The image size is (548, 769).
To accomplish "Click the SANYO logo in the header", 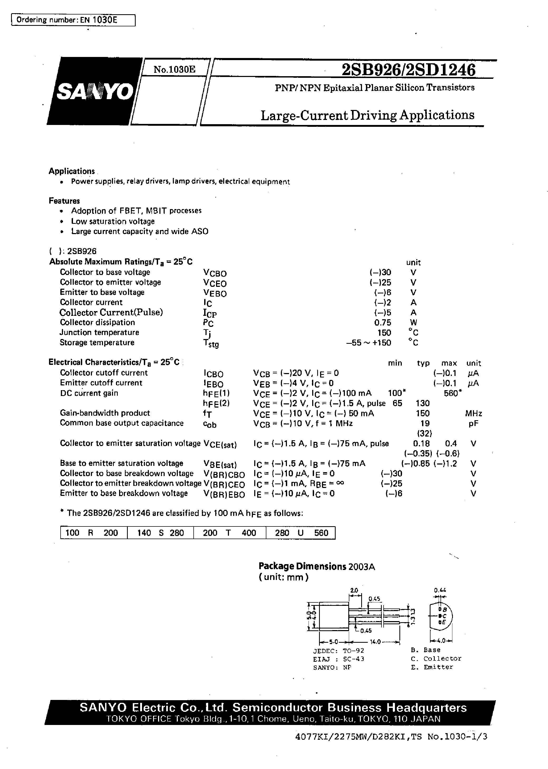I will pyautogui.click(x=95, y=91).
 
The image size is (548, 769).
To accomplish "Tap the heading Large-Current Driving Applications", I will pyautogui.click(x=368, y=115).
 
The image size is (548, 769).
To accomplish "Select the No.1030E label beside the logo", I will pyautogui.click(x=174, y=70).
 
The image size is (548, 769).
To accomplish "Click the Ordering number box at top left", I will pyautogui.click(x=73, y=20).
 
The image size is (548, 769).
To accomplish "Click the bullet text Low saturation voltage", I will pyautogui.click(x=113, y=221).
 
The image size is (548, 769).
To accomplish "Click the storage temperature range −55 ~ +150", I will pyautogui.click(x=369, y=343).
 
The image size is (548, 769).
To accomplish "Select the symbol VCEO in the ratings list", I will pyautogui.click(x=215, y=283).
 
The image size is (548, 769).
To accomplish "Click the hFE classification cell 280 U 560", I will pyautogui.click(x=301, y=533).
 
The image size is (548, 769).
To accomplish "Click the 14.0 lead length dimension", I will pyautogui.click(x=375, y=642).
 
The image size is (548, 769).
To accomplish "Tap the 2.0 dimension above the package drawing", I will pyautogui.click(x=354, y=591).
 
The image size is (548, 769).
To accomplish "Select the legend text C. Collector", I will pyautogui.click(x=436, y=659).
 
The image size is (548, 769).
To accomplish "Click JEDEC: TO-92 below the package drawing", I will pyautogui.click(x=339, y=650).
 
